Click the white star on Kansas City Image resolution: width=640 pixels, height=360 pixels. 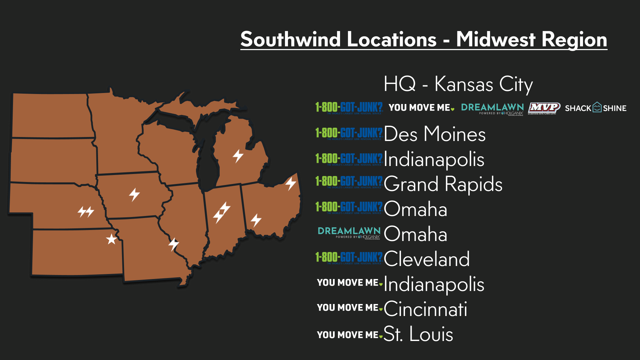pyautogui.click(x=111, y=239)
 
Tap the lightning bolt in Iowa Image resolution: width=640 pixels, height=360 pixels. pyautogui.click(x=134, y=194)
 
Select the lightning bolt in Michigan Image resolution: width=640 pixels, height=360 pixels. pyautogui.click(x=238, y=156)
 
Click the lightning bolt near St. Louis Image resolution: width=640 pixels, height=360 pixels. pyautogui.click(x=174, y=244)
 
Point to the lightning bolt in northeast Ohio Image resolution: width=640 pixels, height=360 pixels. pyautogui.click(x=291, y=183)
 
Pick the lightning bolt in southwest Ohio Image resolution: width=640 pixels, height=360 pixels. pyautogui.click(x=256, y=220)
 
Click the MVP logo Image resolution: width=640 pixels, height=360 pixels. pyautogui.click(x=544, y=108)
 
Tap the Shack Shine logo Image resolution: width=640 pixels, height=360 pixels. pyautogui.click(x=596, y=108)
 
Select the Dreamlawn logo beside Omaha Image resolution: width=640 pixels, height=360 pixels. pyautogui.click(x=349, y=233)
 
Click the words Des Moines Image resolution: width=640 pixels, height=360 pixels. pyautogui.click(x=435, y=134)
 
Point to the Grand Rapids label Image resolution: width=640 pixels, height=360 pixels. pyautogui.click(x=443, y=184)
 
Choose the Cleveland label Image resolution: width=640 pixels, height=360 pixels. pyautogui.click(x=427, y=259)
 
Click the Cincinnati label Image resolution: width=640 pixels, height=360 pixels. pyautogui.click(x=425, y=309)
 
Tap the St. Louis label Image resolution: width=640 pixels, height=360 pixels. pyautogui.click(x=418, y=334)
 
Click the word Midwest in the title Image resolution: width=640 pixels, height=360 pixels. pyautogui.click(x=496, y=39)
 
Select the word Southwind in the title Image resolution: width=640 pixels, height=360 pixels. pyautogui.click(x=338, y=39)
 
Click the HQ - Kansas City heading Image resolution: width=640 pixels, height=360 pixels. pyautogui.click(x=458, y=84)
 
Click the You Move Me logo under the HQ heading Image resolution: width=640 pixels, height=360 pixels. pyautogui.click(x=421, y=108)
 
